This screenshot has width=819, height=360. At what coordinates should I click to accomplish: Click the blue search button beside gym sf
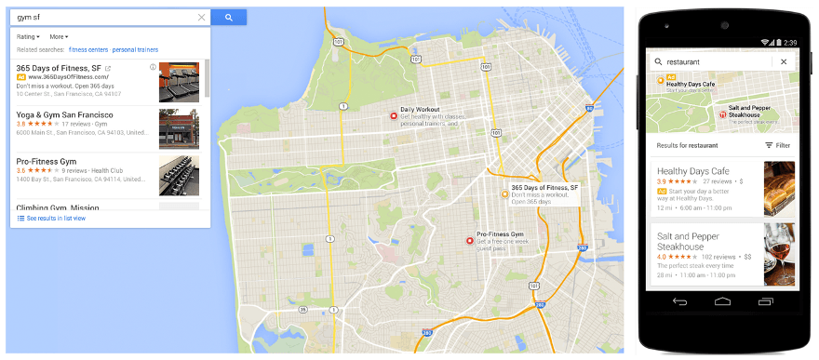click(228, 18)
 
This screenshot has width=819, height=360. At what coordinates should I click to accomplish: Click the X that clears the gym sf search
click(201, 18)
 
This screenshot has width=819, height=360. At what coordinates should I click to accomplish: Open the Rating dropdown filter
click(29, 37)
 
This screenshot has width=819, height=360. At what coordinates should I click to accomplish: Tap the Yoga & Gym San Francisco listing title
click(64, 114)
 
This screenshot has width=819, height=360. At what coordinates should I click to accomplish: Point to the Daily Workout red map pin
click(393, 115)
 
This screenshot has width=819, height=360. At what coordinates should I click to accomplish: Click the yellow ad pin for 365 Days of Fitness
click(504, 194)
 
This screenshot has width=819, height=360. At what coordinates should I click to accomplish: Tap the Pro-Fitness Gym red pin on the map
click(469, 241)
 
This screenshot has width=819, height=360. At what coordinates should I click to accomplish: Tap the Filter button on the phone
click(777, 145)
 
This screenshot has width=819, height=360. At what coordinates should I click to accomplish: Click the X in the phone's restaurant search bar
click(784, 62)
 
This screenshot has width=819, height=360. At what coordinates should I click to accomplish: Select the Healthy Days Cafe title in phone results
click(692, 171)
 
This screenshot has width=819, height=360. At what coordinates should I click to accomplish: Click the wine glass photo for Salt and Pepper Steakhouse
click(779, 252)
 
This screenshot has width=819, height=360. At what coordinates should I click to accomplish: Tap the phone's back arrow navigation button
click(679, 302)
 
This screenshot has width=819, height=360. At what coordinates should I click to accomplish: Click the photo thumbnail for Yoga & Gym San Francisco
click(179, 128)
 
